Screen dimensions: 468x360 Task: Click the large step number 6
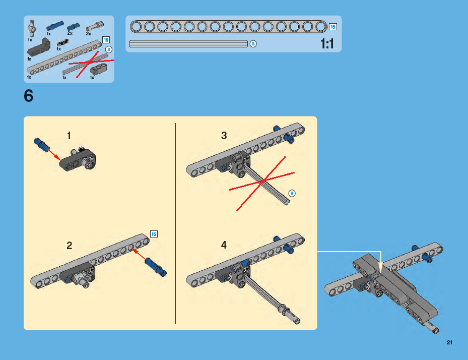(28, 96)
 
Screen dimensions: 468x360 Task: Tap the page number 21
(449, 342)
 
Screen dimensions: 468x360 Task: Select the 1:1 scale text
(327, 44)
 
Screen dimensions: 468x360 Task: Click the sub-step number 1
(69, 136)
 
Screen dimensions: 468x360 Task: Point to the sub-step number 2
(69, 246)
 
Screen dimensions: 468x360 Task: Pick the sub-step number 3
(224, 135)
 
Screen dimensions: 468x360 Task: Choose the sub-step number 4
(224, 245)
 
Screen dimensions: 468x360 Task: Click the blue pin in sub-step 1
(41, 145)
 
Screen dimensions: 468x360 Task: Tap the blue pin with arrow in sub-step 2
(156, 267)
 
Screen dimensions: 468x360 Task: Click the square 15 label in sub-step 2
(154, 234)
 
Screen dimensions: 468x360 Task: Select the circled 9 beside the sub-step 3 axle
(292, 193)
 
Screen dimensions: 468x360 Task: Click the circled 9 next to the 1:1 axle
(253, 44)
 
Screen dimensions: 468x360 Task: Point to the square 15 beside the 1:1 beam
(333, 27)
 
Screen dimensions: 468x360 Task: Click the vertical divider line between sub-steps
(175, 223)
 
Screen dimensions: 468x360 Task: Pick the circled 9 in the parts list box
(109, 49)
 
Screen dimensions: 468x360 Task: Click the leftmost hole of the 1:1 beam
(136, 27)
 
